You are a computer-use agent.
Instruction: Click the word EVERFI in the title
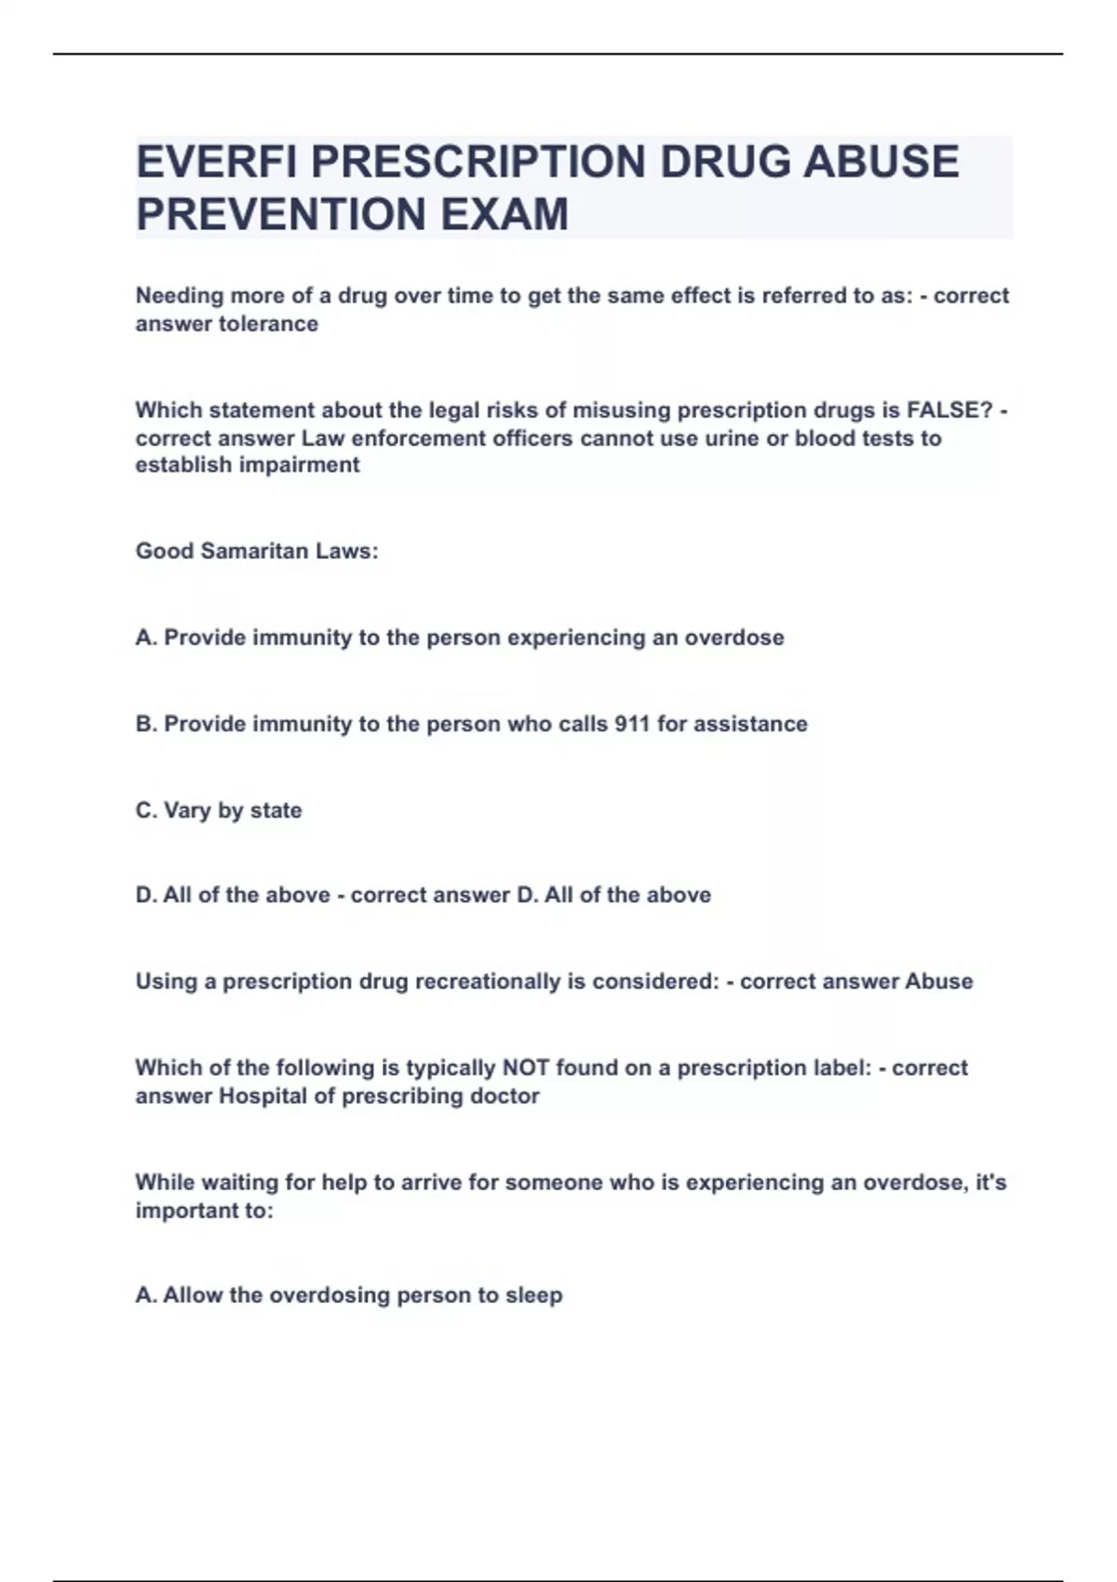click(217, 162)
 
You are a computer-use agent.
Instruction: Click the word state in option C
click(276, 811)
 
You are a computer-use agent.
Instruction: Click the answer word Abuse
click(938, 982)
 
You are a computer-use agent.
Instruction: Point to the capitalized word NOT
click(526, 1067)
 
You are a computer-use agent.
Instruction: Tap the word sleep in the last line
click(533, 1295)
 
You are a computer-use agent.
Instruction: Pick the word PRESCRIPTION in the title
click(478, 162)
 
